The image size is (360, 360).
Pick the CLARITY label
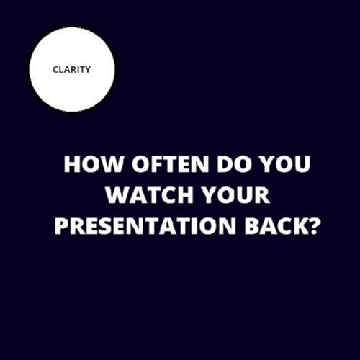(72, 70)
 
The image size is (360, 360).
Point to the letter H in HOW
(71, 164)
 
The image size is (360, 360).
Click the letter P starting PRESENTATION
(61, 228)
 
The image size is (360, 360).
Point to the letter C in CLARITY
(55, 70)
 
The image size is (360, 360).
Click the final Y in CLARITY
(89, 70)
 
